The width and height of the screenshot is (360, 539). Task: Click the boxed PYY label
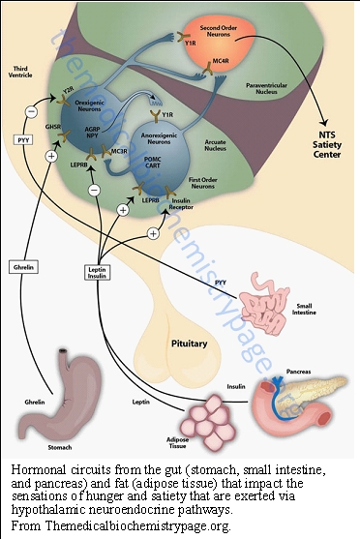(x=22, y=139)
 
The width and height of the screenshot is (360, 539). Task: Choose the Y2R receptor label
(x=67, y=91)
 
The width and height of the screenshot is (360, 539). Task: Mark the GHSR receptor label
(x=53, y=127)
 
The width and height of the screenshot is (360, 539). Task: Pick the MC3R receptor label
(x=119, y=151)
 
